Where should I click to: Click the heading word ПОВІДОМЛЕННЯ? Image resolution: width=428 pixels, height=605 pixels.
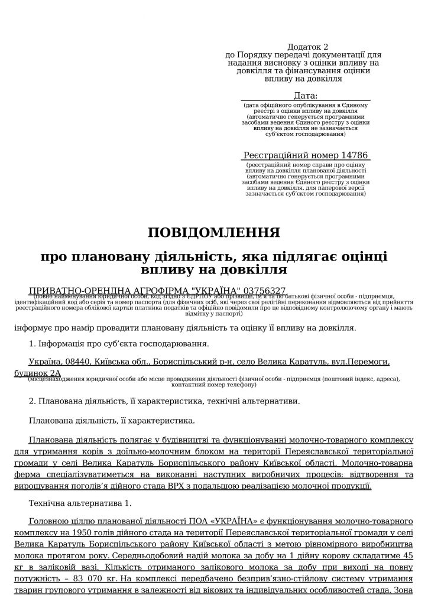[x=213, y=232]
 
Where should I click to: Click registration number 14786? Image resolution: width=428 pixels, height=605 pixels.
[x=354, y=155]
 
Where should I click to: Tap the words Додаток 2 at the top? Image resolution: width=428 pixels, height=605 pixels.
[x=307, y=47]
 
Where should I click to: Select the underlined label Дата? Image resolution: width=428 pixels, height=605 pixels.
[x=306, y=96]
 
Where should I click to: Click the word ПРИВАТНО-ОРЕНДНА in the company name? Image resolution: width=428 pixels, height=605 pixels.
[x=74, y=291]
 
